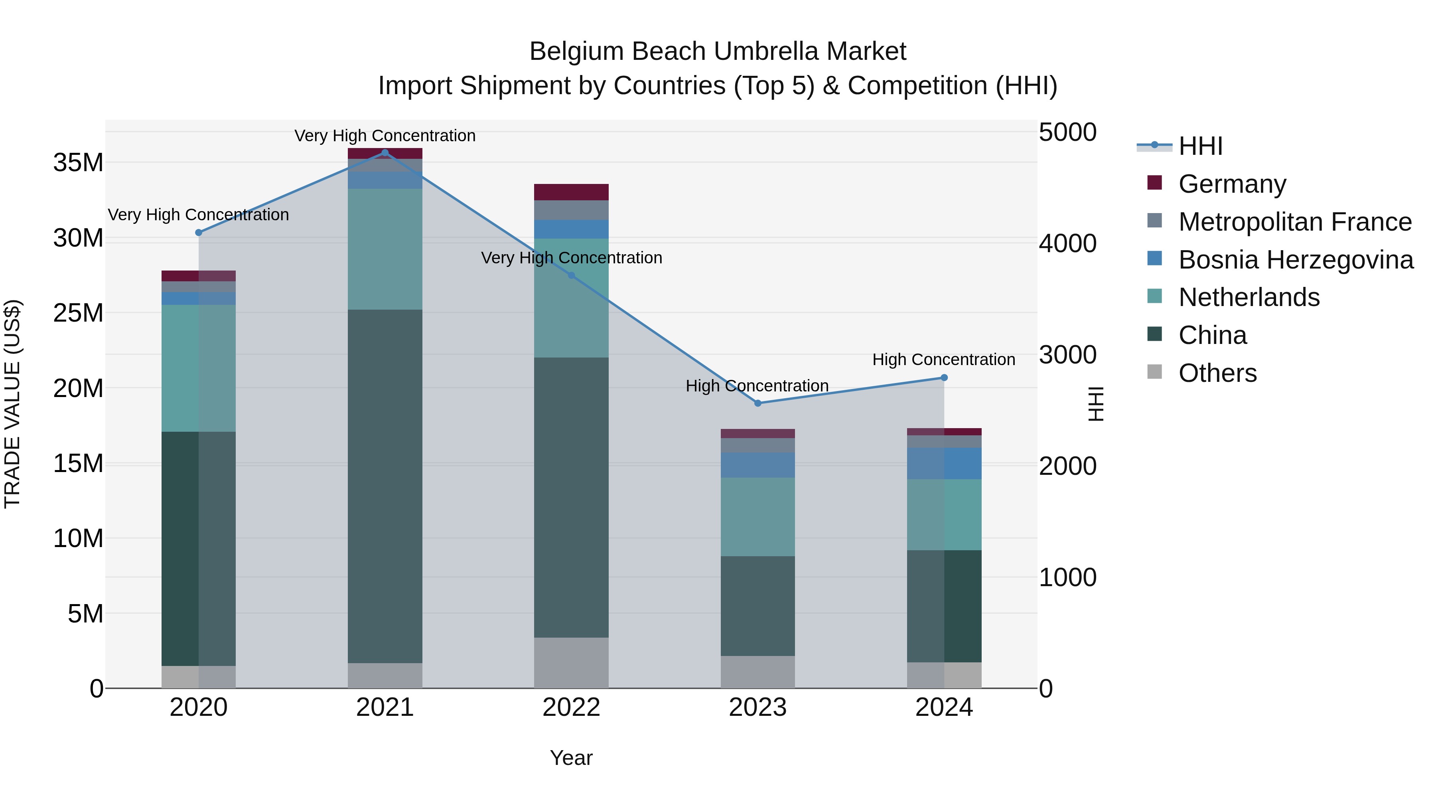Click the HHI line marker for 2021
385,153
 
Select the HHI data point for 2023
757,403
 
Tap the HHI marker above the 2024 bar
944,377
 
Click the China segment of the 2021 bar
385,485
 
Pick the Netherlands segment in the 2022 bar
571,298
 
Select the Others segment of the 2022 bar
571,662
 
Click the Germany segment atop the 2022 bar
571,192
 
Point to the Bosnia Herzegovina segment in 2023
757,465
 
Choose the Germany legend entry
1232,184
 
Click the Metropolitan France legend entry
1294,221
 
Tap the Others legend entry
1217,373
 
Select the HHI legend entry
1200,146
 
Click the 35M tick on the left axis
78,163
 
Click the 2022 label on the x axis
571,707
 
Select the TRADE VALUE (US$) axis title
12,404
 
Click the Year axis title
571,758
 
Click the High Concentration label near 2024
943,360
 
